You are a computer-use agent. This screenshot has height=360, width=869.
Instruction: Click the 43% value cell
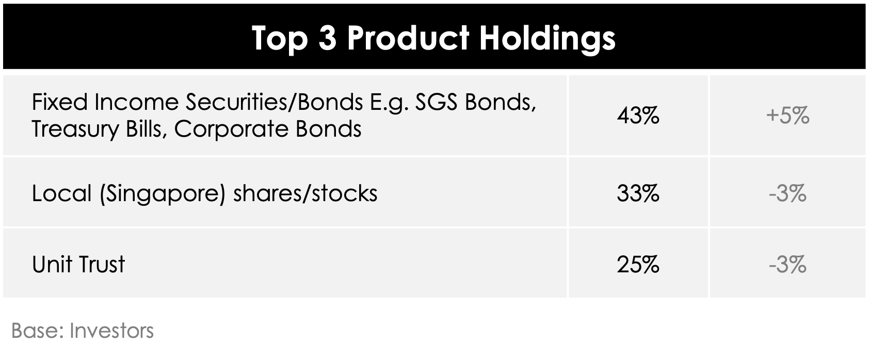click(638, 116)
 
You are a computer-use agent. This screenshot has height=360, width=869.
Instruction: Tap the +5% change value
click(787, 116)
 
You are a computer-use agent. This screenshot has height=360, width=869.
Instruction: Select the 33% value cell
click(638, 193)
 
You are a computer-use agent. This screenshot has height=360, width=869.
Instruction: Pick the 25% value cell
click(638, 265)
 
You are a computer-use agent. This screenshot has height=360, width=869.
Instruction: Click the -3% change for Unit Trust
click(787, 265)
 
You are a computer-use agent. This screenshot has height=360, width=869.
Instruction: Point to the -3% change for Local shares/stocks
click(787, 193)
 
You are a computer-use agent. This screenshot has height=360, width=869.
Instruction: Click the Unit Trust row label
click(78, 265)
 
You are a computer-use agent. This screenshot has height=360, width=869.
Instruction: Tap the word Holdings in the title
click(548, 39)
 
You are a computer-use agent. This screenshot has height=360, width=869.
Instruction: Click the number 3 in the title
click(327, 38)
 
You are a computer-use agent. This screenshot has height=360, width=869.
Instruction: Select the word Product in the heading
click(408, 38)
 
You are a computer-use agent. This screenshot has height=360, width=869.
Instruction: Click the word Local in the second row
click(62, 193)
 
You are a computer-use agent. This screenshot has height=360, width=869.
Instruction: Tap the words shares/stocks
click(305, 193)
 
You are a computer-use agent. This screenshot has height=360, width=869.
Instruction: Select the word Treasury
click(75, 129)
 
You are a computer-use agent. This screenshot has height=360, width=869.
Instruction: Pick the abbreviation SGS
click(436, 103)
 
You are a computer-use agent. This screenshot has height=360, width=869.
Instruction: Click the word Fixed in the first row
click(60, 103)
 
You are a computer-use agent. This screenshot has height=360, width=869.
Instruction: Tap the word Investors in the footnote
click(112, 331)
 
